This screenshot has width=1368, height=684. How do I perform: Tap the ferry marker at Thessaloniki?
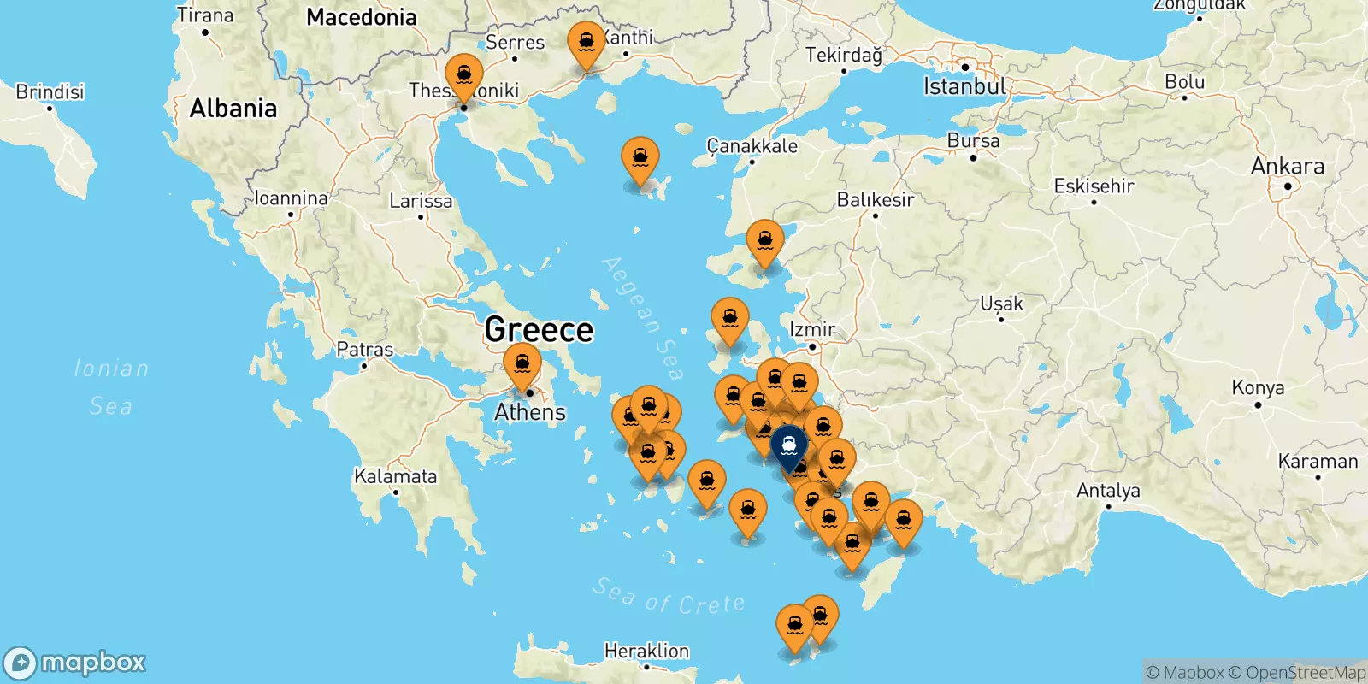[464, 74]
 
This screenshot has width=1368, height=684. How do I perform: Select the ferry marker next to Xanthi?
[587, 43]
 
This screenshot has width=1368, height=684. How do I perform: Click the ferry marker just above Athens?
[522, 364]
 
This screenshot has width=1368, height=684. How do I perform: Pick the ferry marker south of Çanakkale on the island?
[764, 241]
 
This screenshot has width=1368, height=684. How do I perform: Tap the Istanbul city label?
[964, 86]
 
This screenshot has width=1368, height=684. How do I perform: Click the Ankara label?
[1287, 166]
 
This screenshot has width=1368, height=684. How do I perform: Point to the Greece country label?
[539, 329]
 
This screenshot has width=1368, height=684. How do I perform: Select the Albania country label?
[233, 109]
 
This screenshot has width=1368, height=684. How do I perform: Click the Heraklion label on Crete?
[646, 651]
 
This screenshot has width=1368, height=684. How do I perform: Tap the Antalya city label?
[1108, 491]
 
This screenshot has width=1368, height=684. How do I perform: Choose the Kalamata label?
[395, 476]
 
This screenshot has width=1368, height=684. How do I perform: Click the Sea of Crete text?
[669, 597]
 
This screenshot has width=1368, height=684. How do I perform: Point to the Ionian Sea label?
[111, 386]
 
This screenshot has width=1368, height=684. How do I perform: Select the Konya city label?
[1258, 387]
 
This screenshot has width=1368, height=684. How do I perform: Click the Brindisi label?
[50, 91]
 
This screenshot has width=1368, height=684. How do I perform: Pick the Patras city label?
[365, 350]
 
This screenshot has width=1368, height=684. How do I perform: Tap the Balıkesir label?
[875, 200]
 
